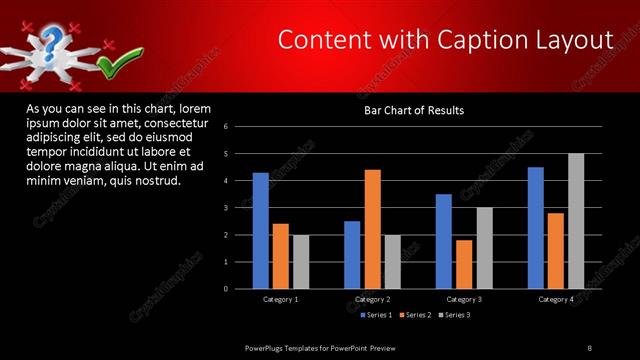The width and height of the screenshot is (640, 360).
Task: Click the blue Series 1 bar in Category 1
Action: pyautogui.click(x=260, y=231)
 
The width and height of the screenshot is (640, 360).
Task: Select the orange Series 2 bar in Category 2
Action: pyautogui.click(x=372, y=229)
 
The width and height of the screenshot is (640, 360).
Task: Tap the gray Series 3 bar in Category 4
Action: pyautogui.click(x=576, y=221)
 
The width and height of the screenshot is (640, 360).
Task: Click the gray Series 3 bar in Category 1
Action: pyautogui.click(x=301, y=262)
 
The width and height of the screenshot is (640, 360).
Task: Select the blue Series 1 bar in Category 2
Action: pyautogui.click(x=352, y=255)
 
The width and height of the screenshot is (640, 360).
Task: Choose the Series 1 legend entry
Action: pyautogui.click(x=375, y=315)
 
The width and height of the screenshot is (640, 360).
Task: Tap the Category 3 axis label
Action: pyautogui.click(x=464, y=299)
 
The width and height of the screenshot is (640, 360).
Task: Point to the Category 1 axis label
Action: pyautogui.click(x=281, y=299)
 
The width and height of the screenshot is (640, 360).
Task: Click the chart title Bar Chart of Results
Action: pyautogui.click(x=413, y=110)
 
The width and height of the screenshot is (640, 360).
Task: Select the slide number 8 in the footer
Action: pyautogui.click(x=590, y=347)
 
